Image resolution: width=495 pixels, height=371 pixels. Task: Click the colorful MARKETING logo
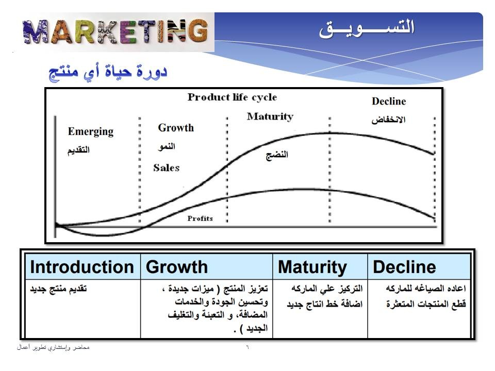tap(116, 31)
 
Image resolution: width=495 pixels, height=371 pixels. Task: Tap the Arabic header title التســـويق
tap(367, 28)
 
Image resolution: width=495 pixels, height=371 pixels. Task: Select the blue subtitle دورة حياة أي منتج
tap(108, 72)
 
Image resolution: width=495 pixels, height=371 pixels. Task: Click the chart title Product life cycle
tap(233, 97)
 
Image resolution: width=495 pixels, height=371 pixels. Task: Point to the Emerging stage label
tap(91, 131)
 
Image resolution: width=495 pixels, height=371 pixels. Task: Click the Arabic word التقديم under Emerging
tap(78, 150)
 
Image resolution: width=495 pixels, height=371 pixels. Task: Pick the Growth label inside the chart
tap(176, 128)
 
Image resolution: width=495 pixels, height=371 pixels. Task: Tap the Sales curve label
tap(167, 168)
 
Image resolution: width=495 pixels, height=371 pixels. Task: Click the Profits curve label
tap(200, 218)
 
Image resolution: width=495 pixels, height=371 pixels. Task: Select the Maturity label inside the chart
tap(270, 117)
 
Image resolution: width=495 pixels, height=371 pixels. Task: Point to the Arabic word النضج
tap(277, 155)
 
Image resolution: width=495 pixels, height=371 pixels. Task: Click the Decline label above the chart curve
tap(389, 102)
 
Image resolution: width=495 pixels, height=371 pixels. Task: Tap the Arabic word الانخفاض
tap(388, 120)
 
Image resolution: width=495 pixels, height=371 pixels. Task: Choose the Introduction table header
tap(82, 267)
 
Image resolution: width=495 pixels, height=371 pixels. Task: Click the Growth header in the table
tap(177, 267)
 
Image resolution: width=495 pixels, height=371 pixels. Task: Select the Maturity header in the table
tap(312, 267)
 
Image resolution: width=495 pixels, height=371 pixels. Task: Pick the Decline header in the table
tap(404, 267)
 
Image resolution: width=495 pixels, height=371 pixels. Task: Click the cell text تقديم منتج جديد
tap(58, 289)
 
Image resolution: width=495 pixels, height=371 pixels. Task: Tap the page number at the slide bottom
tap(247, 347)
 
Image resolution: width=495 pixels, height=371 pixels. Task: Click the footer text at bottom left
tap(53, 347)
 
